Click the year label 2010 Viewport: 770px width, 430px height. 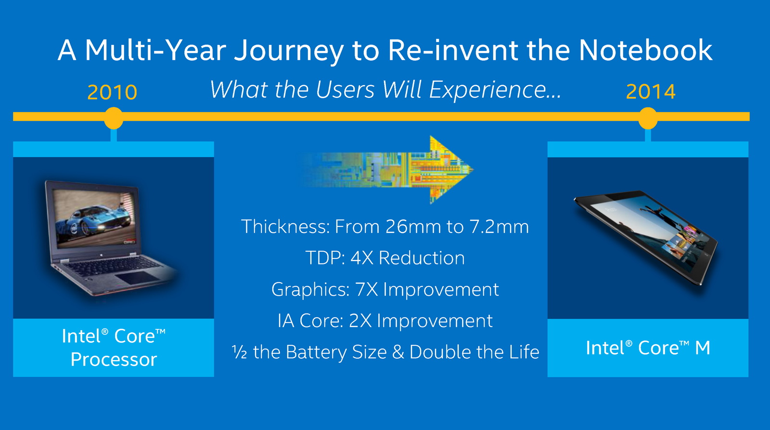click(x=112, y=92)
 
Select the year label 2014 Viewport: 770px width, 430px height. click(x=651, y=92)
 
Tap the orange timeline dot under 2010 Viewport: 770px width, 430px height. click(x=114, y=118)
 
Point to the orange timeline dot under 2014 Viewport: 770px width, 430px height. click(x=648, y=118)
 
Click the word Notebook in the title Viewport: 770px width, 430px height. click(x=645, y=50)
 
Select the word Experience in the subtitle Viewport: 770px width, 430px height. click(x=495, y=90)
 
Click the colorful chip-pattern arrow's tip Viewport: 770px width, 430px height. click(x=473, y=169)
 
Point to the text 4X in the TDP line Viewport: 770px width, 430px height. click(x=362, y=258)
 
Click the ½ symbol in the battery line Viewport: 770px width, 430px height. click(x=240, y=352)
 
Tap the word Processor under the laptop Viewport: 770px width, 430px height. click(x=114, y=360)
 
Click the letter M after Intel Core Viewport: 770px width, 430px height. click(x=703, y=348)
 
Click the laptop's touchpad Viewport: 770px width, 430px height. click(x=137, y=277)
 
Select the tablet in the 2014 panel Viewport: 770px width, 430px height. click(x=646, y=237)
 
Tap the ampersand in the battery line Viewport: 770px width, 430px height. click(x=398, y=352)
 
